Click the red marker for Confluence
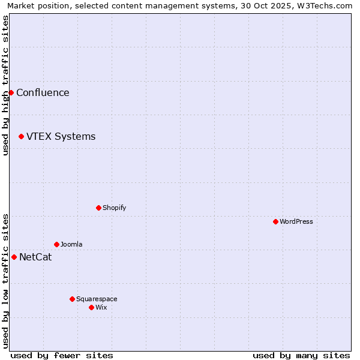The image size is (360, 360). [11, 92]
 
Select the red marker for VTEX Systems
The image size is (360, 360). [21, 137]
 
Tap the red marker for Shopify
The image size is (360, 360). [98, 208]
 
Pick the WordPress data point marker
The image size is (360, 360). [275, 221]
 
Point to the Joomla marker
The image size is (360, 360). [56, 244]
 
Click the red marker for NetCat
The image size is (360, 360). [14, 257]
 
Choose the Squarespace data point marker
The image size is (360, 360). [72, 299]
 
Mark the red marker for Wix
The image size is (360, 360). [91, 307]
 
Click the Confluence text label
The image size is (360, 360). [43, 92]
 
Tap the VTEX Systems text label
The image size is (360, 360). [61, 137]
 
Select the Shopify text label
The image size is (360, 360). [114, 208]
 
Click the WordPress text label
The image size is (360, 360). [296, 221]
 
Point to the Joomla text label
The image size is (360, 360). [71, 244]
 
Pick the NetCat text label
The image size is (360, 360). [35, 257]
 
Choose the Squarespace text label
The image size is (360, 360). [97, 299]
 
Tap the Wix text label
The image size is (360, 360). [101, 307]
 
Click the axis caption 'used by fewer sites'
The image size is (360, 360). [62, 355]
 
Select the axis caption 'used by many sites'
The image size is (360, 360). [301, 355]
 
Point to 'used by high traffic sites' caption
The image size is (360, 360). [5, 85]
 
